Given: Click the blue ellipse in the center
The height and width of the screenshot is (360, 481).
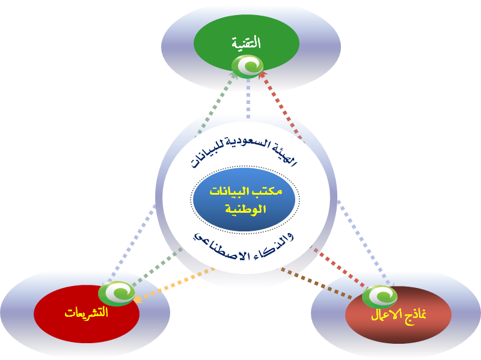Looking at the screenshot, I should tap(245, 201).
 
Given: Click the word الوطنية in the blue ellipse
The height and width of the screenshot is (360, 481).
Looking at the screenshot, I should tap(245, 210).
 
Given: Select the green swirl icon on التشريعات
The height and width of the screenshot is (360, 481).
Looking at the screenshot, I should tap(117, 293).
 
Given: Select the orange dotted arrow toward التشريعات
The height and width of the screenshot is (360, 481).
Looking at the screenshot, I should tap(174, 283).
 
